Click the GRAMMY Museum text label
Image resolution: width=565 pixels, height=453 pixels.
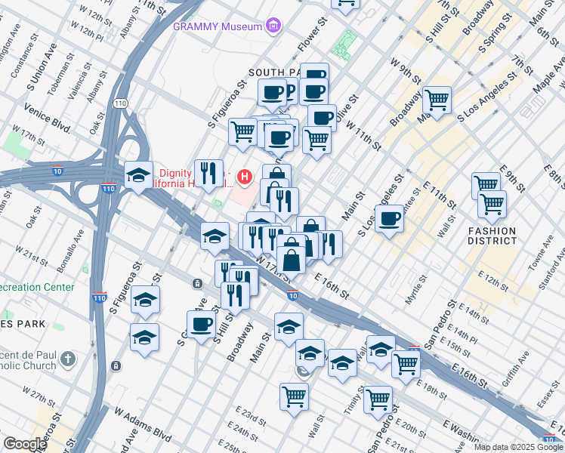(218, 26)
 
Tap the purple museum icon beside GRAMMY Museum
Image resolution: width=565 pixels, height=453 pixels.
(273, 26)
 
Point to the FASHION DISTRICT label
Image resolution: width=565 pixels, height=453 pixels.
(492, 236)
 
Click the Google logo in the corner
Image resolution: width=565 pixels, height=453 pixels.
(24, 444)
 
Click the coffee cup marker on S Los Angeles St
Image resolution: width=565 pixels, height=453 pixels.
(389, 218)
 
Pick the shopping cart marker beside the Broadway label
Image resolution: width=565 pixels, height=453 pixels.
(437, 98)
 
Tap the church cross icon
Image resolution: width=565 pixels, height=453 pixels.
(68, 358)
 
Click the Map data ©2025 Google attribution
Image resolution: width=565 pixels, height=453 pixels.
(518, 447)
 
